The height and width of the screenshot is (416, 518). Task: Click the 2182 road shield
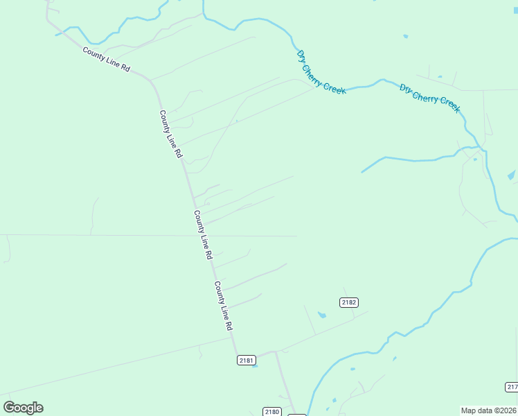(348, 302)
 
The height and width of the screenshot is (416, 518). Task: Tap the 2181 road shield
(246, 360)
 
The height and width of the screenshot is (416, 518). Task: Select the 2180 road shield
(272, 412)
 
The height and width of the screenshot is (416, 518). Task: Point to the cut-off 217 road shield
(511, 386)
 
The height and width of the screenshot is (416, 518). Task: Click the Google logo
(23, 408)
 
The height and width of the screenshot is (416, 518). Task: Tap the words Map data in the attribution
(476, 410)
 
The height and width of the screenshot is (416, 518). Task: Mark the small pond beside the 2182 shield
(321, 315)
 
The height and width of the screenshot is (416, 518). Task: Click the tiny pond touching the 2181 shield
(256, 365)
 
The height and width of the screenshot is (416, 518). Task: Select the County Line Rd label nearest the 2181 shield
(223, 305)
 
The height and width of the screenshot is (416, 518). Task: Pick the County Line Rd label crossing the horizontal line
(203, 234)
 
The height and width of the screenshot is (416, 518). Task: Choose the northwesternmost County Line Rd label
(106, 60)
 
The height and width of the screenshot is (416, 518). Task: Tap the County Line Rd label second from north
(170, 133)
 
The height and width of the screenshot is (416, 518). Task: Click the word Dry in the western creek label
(301, 55)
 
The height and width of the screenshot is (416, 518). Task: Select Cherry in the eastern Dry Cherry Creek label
(426, 96)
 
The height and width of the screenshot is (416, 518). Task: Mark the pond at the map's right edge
(511, 175)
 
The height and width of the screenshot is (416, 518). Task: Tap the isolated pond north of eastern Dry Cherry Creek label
(405, 36)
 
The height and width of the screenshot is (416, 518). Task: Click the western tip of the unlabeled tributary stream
(362, 172)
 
